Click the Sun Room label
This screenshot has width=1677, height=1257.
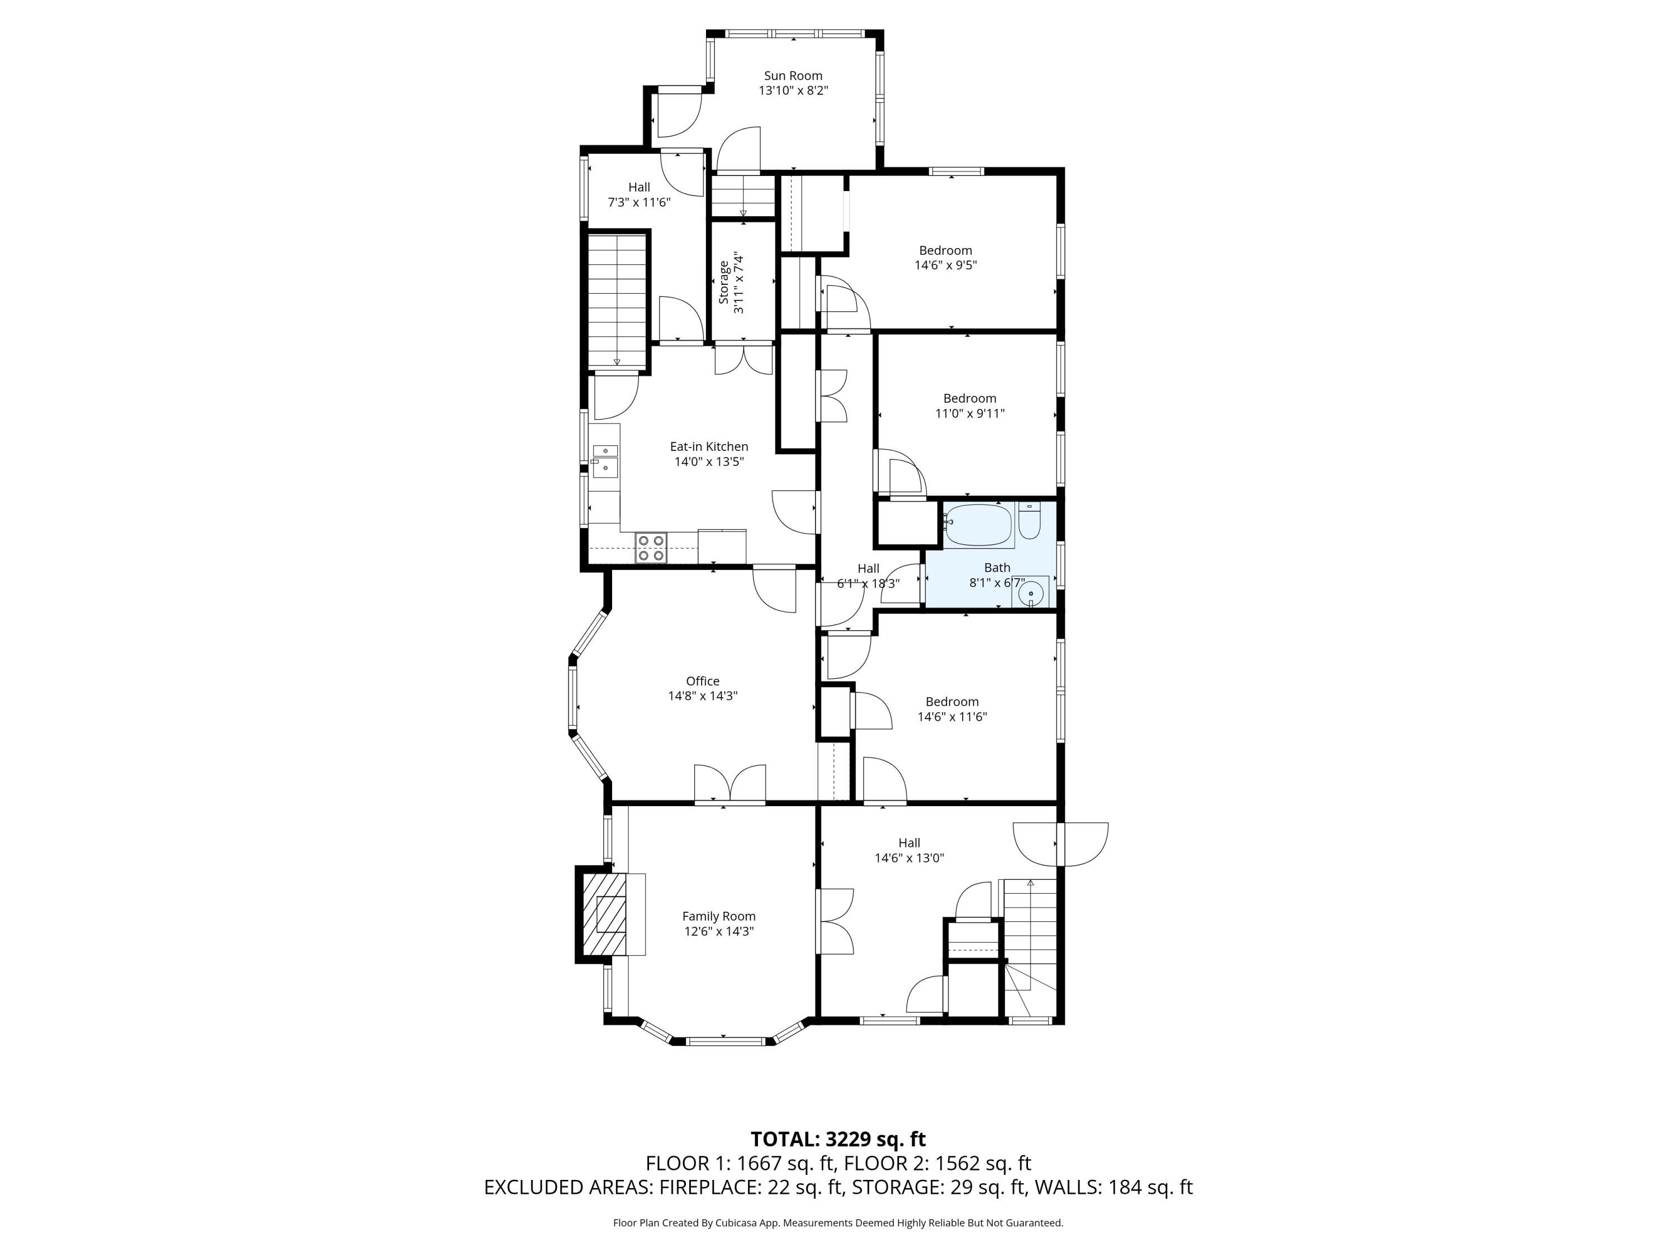[x=793, y=76]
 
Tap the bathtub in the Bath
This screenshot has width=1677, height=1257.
[x=979, y=525]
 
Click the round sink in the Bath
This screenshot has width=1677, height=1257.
[x=1031, y=593]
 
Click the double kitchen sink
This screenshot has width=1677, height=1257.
[x=605, y=460]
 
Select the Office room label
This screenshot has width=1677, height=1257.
[x=703, y=681]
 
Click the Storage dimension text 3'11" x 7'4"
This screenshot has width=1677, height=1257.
[x=739, y=283]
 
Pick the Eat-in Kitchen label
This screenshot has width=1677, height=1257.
[x=709, y=447]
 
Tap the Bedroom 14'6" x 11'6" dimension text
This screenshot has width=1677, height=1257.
[x=952, y=717]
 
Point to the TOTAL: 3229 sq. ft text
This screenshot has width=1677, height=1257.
[x=839, y=1140]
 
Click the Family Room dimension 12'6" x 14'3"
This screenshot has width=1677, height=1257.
[x=719, y=931]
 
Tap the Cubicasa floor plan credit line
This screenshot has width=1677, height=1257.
[x=839, y=1223]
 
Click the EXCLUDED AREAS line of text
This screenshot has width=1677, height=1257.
[x=839, y=1187]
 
